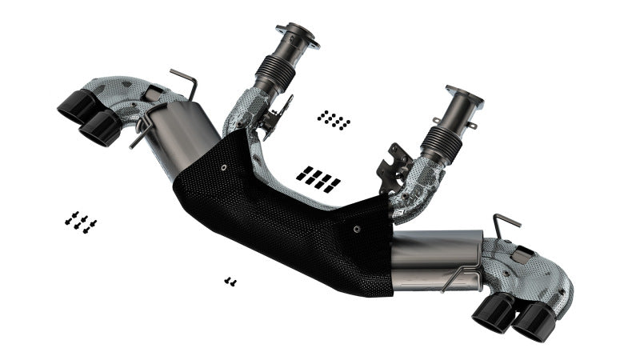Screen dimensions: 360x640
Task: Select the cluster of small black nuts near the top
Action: pyautogui.click(x=334, y=120)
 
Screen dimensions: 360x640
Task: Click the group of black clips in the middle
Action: pyautogui.click(x=318, y=178)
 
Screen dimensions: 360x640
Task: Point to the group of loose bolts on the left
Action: pyautogui.click(x=80, y=221)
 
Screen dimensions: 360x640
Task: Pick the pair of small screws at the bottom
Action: pyautogui.click(x=230, y=281)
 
